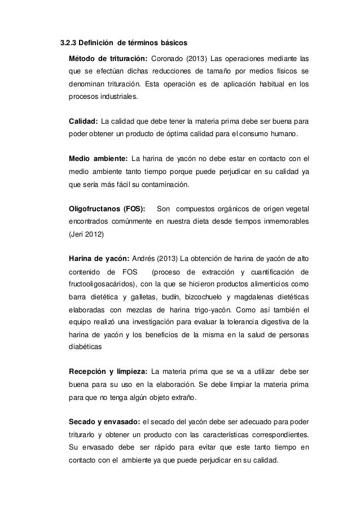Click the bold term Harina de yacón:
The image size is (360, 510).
[98, 259]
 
